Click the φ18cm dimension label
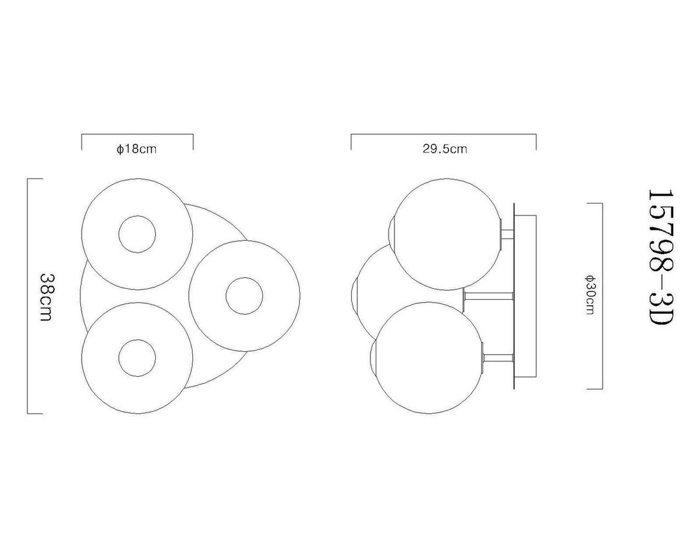pyautogui.click(x=136, y=149)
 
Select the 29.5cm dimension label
pyautogui.click(x=444, y=149)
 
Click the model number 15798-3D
pyautogui.click(x=661, y=257)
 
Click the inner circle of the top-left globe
pyautogui.click(x=137, y=235)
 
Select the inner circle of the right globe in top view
pyautogui.click(x=244, y=296)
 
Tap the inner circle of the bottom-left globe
pyautogui.click(x=137, y=358)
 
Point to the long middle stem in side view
pyautogui.click(x=489, y=295)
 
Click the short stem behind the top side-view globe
pyautogui.click(x=507, y=234)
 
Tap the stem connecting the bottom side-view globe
pyautogui.click(x=498, y=358)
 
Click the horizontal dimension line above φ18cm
pyautogui.click(x=137, y=134)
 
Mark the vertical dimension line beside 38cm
pyautogui.click(x=28, y=296)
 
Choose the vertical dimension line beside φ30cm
pyautogui.click(x=601, y=296)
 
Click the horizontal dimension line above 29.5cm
pyautogui.click(x=443, y=134)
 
